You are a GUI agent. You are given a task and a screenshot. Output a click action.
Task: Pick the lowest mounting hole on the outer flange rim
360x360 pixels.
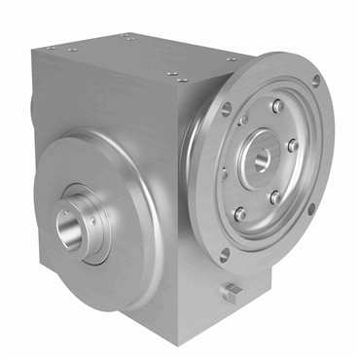225,255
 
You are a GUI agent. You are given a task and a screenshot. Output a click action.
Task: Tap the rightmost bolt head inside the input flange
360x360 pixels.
293,146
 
